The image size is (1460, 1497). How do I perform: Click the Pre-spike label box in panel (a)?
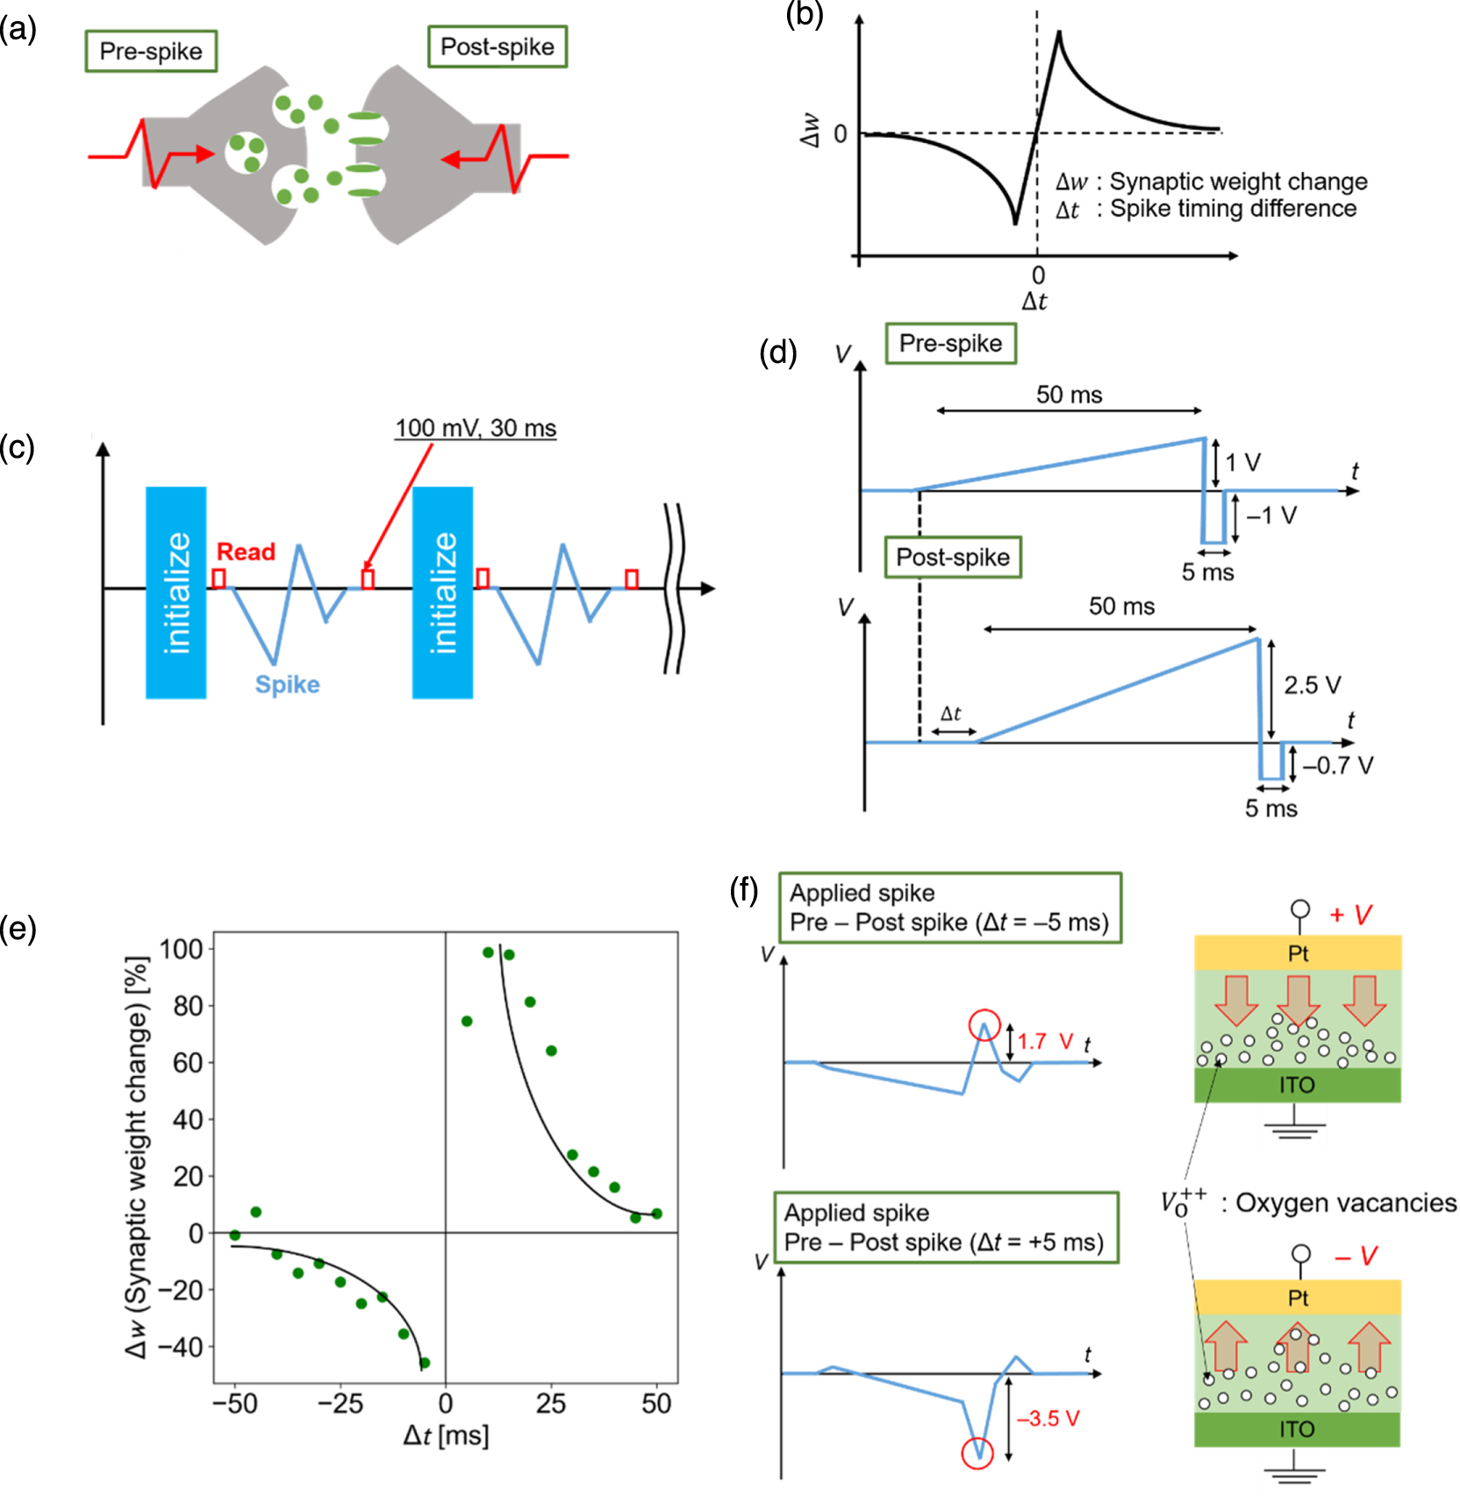pyautogui.click(x=151, y=51)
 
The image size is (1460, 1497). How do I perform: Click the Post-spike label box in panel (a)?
pyautogui.click(x=497, y=46)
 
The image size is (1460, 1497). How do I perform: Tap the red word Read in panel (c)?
pyautogui.click(x=246, y=552)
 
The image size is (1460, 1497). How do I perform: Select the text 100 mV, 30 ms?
pyautogui.click(x=475, y=428)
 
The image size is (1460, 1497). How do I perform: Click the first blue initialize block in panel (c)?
pyautogui.click(x=176, y=592)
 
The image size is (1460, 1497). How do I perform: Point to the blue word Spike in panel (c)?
pyautogui.click(x=287, y=684)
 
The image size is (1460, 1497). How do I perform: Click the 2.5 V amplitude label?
pyautogui.click(x=1312, y=685)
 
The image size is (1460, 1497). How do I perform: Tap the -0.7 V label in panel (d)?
pyautogui.click(x=1337, y=766)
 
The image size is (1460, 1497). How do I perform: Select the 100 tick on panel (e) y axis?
pyautogui.click(x=181, y=949)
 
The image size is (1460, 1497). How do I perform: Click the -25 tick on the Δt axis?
pyautogui.click(x=340, y=1403)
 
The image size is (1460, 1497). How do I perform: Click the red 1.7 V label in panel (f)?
pyautogui.click(x=1045, y=1041)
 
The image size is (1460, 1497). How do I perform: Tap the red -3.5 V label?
pyautogui.click(x=1048, y=1418)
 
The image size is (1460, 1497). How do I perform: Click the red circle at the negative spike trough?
pyautogui.click(x=977, y=1452)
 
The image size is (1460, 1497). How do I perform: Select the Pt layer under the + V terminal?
pyautogui.click(x=1297, y=953)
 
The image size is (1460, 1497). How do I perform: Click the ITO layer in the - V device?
pyautogui.click(x=1296, y=1429)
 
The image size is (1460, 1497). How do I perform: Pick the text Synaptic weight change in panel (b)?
pyautogui.click(x=1238, y=182)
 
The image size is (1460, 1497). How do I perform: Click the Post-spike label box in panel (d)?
pyautogui.click(x=953, y=557)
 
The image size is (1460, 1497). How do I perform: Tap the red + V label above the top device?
pyautogui.click(x=1350, y=915)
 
